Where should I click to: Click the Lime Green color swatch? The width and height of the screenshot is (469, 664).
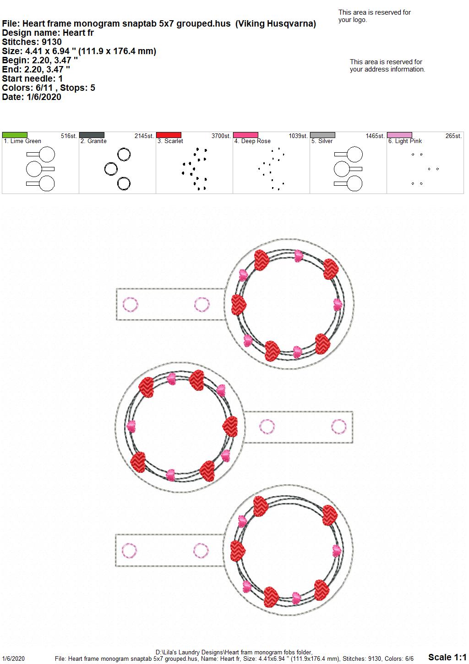[15, 135]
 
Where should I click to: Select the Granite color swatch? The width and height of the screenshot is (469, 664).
[92, 135]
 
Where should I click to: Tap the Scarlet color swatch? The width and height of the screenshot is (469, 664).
[169, 135]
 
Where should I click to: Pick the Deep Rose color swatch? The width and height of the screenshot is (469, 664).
[246, 135]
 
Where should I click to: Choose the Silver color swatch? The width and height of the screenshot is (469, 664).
[323, 135]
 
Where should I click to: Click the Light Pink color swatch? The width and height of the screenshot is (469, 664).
[400, 135]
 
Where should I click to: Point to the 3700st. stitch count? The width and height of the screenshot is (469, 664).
[221, 136]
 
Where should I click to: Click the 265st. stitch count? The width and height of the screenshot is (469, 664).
[453, 136]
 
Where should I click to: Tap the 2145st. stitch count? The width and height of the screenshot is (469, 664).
[144, 136]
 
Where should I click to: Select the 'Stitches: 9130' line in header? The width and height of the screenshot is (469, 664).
[32, 42]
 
